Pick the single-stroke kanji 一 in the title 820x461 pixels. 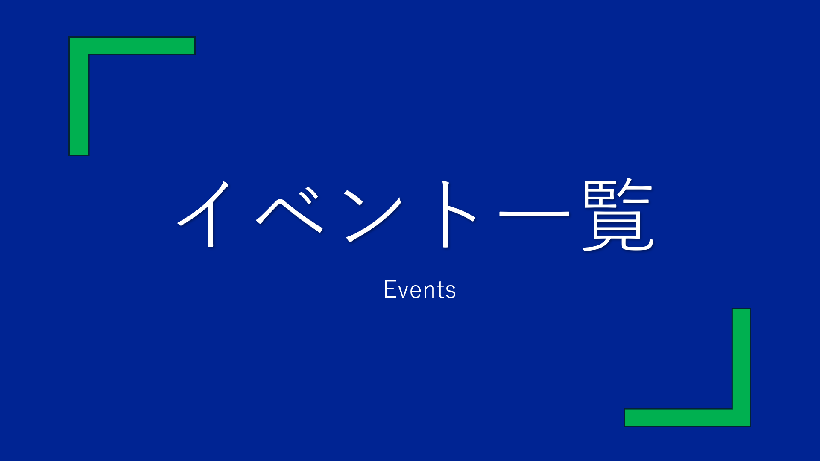click(534, 213)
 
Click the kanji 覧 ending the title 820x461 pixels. click(618, 214)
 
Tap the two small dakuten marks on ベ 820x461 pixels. click(308, 195)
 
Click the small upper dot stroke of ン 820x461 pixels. click(354, 197)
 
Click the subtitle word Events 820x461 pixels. click(420, 289)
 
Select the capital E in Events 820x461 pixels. click(390, 289)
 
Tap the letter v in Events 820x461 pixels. click(406, 292)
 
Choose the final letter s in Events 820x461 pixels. click(451, 292)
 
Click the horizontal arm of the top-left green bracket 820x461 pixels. click(132, 46)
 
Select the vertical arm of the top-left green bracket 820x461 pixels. click(79, 96)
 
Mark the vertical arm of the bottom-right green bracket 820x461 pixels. click(741, 368)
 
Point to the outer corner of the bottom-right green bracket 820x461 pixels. click(750, 426)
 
